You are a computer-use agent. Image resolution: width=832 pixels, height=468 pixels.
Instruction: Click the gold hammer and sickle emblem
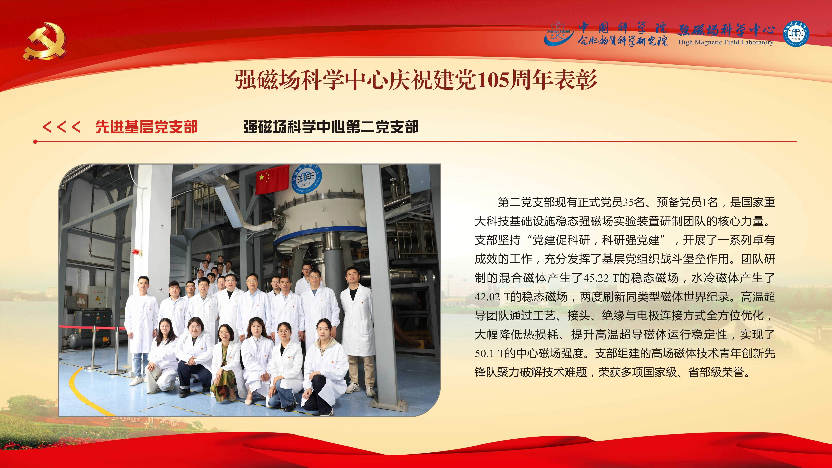pos(45,41)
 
